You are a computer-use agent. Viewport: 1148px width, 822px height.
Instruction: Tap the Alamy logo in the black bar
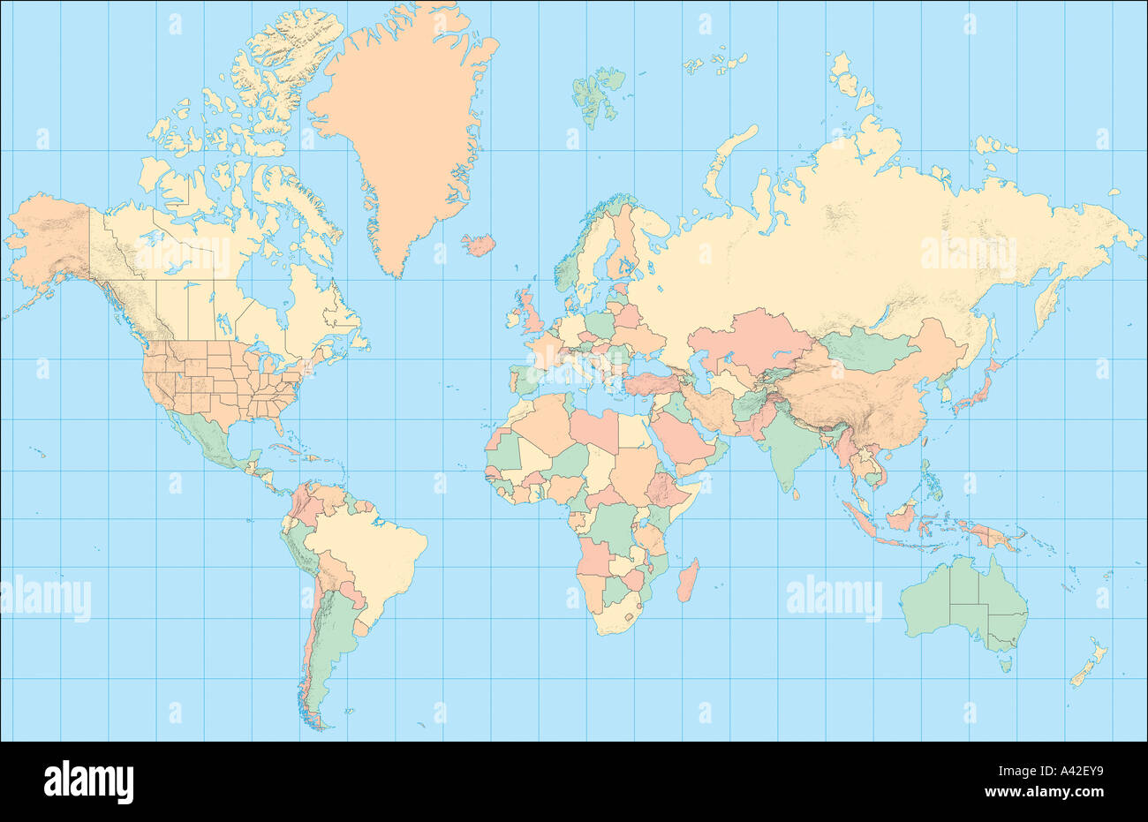pos(88,781)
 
